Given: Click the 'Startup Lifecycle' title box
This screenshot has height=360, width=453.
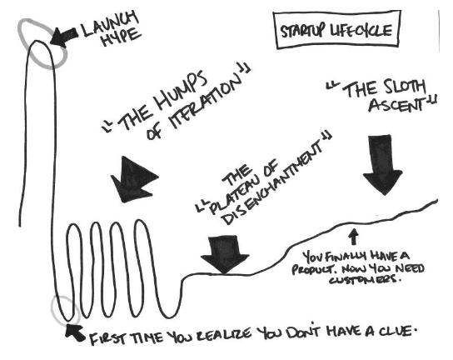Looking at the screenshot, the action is pos(337,30).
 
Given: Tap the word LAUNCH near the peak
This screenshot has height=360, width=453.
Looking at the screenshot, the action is pos(110,23).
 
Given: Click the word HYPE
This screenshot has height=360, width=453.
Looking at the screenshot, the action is pos(121,38).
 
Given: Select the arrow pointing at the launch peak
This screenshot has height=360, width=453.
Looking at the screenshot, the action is pos(64,37).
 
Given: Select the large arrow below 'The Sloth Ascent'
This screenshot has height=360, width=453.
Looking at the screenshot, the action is pos(382,165).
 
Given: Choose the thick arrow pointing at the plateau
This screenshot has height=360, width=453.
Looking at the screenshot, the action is pos(225,254).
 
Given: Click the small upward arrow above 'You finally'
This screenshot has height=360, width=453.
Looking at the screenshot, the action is pos(354,237).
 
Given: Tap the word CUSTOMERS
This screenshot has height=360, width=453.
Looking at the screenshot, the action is pos(363,280).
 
